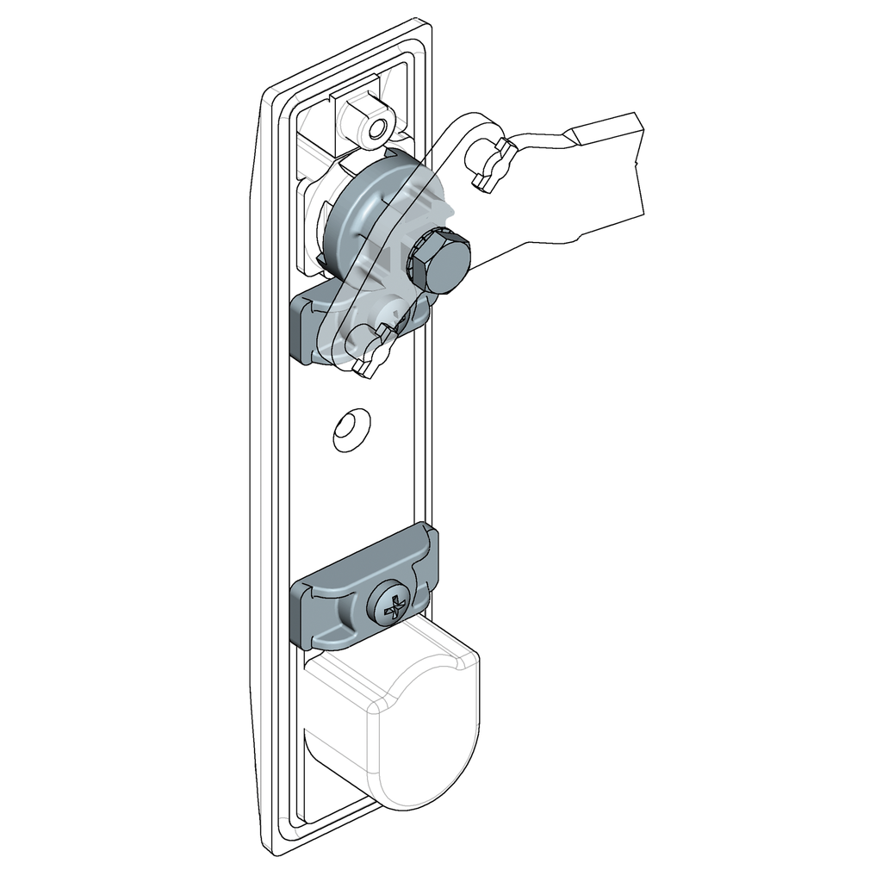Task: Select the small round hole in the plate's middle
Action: [x=351, y=428]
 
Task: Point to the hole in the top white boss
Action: [x=376, y=127]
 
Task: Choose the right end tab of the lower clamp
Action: [x=428, y=560]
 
